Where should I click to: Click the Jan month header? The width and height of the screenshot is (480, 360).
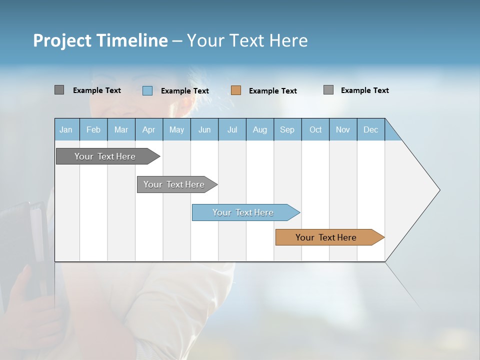click(x=66, y=129)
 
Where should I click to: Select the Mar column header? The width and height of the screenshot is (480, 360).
click(x=121, y=129)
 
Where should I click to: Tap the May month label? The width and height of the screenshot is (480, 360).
click(x=176, y=129)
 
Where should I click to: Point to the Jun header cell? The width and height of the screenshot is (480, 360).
click(x=204, y=129)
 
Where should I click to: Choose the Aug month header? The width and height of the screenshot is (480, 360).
click(x=259, y=129)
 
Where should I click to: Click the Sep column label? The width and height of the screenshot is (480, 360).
click(x=287, y=129)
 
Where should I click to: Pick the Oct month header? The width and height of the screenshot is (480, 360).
click(x=315, y=129)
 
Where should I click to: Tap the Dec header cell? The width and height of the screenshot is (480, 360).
click(x=370, y=129)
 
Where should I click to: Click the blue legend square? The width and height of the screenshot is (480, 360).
click(x=147, y=90)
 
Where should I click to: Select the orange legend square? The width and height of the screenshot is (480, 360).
click(x=236, y=90)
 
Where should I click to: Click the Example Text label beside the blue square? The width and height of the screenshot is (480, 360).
click(x=185, y=91)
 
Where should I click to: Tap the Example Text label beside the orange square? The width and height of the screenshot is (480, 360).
click(x=273, y=91)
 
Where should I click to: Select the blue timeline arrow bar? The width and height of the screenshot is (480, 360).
click(x=244, y=212)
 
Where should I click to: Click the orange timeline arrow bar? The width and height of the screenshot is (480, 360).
click(x=327, y=237)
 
